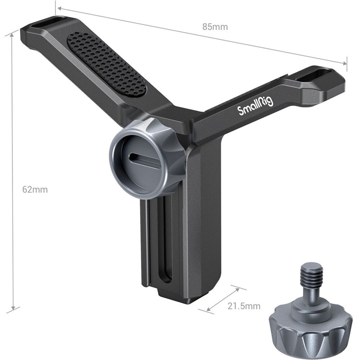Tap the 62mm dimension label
coord(35,190)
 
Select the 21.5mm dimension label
coord(244,306)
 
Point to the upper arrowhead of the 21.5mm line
coord(238,288)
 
